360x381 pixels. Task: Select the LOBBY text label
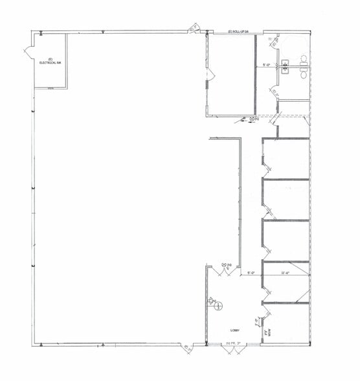(234, 330)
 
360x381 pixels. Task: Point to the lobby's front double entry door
(230, 349)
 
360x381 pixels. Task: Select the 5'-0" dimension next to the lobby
(251, 273)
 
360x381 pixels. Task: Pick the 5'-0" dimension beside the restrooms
(266, 64)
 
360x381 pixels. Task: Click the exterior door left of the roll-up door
(194, 27)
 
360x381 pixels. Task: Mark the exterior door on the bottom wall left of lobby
(187, 349)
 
